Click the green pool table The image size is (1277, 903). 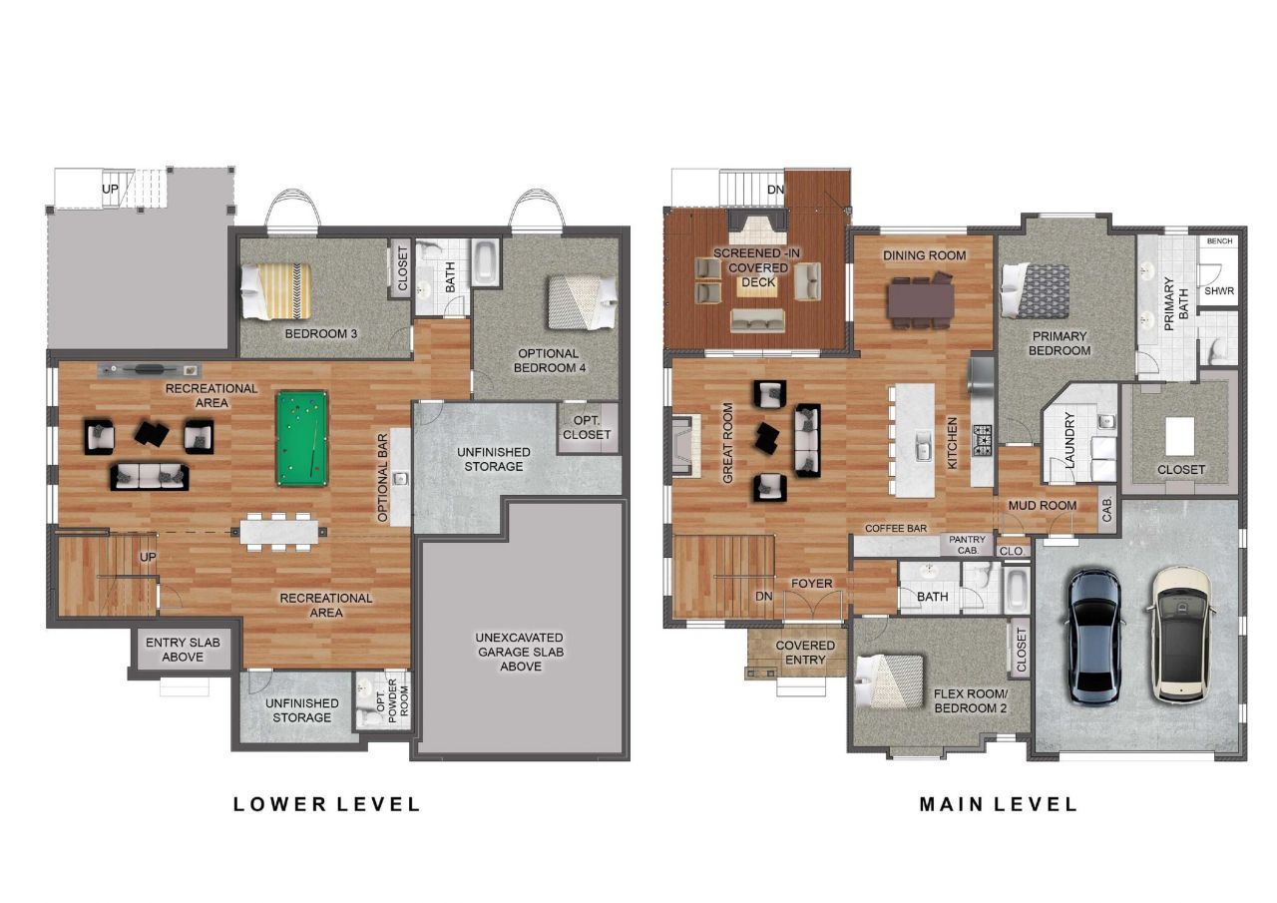[x=302, y=438]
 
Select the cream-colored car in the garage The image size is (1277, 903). [x=1180, y=635]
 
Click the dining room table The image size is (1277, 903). [x=921, y=301]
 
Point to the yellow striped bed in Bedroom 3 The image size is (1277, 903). [x=276, y=290]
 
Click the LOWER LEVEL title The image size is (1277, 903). [x=326, y=804]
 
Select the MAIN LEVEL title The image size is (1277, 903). [x=999, y=804]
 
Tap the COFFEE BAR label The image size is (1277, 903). [x=896, y=529]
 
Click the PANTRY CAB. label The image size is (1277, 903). [x=968, y=545]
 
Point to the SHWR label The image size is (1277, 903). [x=1219, y=290]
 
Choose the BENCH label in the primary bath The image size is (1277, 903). [x=1219, y=241]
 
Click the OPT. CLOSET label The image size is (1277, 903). [x=587, y=427]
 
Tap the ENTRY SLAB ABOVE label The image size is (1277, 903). [x=183, y=650]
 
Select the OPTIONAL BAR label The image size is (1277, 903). [x=382, y=478]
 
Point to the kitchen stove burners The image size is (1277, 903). [x=982, y=440]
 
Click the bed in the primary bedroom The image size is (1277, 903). [x=1035, y=290]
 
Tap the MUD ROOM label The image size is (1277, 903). [x=1043, y=505]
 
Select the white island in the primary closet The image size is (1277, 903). [x=1179, y=436]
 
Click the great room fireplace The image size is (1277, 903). [x=685, y=445]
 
